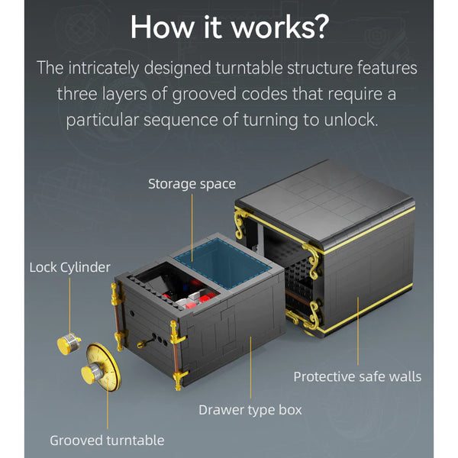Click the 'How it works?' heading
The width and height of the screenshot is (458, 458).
tap(230, 27)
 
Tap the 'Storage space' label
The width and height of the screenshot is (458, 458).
tap(192, 184)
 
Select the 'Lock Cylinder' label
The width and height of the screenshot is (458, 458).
tap(69, 268)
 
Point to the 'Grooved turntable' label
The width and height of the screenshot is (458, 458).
tap(107, 440)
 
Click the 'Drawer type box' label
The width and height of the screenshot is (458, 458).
tap(250, 410)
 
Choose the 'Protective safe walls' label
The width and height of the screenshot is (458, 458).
tap(357, 377)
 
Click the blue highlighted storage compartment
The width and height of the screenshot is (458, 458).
tap(221, 263)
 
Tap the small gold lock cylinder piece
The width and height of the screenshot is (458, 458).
tap(69, 343)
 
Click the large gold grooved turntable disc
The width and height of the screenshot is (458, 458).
tap(102, 367)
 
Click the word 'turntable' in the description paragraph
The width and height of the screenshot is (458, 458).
tap(249, 68)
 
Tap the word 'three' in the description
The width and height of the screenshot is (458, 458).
tap(77, 94)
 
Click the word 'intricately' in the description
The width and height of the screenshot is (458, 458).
tap(104, 69)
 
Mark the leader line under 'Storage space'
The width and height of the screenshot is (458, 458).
tap(192, 227)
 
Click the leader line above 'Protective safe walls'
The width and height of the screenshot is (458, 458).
tap(358, 331)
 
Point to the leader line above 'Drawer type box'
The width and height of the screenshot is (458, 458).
tap(250, 367)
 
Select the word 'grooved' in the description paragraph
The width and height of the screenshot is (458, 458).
tap(204, 95)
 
